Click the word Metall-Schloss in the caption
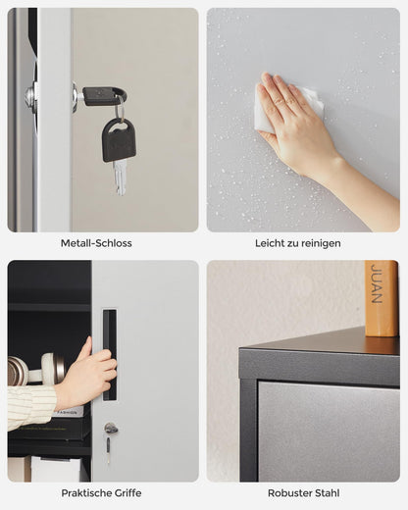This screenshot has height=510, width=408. coord(96,242)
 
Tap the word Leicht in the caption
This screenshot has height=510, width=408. coord(270,242)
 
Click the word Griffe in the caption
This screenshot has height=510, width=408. coord(127,492)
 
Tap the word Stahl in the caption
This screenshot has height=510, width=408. coord(327,492)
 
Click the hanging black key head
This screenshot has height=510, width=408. coord(119,139)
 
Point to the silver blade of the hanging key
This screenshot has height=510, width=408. coord(120,178)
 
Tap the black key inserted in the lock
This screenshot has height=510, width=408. coord(103,95)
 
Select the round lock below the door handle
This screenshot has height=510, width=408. coord(111,429)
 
